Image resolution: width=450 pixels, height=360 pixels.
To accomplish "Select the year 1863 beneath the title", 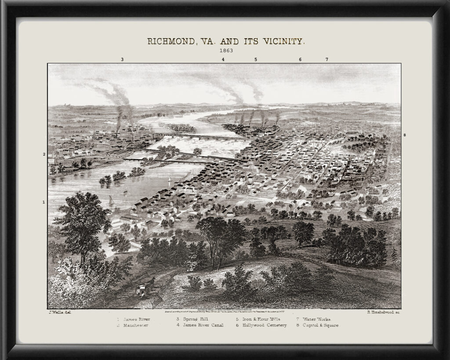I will [x=226, y=50].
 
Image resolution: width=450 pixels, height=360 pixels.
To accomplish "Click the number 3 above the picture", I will [x=122, y=59].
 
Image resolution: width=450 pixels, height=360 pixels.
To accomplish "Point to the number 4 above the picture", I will [x=223, y=59].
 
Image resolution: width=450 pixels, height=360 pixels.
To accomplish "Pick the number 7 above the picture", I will [x=327, y=59].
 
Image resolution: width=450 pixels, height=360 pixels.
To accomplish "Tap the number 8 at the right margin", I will [x=404, y=135].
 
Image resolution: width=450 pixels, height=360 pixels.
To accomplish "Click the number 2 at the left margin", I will [x=44, y=154].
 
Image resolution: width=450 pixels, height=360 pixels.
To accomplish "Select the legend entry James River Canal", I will [x=200, y=325].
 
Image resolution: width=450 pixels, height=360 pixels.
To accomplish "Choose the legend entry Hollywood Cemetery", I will [x=261, y=325].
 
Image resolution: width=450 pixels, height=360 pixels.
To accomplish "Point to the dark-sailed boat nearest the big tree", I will [x=111, y=200].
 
